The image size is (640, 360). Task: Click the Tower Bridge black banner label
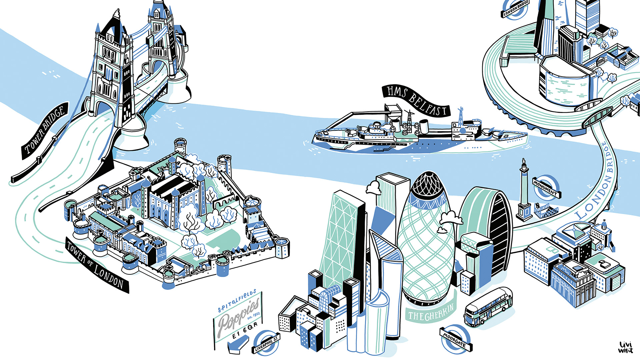point(45,130)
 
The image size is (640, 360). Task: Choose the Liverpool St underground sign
point(266,344)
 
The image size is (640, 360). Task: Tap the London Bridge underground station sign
point(515,8)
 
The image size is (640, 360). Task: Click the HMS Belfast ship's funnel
point(424,126)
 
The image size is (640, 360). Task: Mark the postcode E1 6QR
point(245,330)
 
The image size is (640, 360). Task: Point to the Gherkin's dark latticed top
point(428,187)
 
